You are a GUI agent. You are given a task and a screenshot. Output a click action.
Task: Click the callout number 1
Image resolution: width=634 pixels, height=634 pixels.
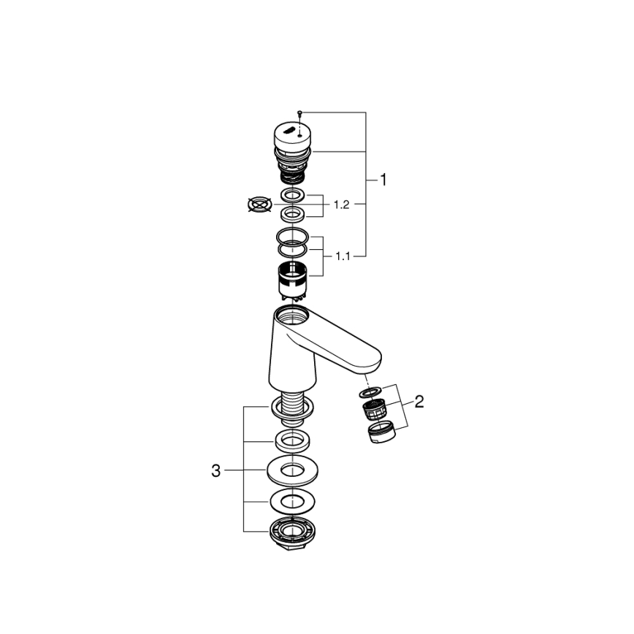tap(383, 180)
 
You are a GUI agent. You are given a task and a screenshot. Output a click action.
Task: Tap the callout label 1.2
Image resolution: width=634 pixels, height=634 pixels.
tap(342, 205)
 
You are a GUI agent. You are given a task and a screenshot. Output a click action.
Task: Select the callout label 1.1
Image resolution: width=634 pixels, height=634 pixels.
tap(343, 256)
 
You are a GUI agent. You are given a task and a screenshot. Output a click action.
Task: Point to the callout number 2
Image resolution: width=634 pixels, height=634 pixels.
tap(419, 402)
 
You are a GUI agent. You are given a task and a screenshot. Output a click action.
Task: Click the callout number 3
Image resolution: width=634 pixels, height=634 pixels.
tap(216, 470)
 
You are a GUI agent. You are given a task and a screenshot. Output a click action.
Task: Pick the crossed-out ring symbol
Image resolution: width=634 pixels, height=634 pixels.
tap(259, 205)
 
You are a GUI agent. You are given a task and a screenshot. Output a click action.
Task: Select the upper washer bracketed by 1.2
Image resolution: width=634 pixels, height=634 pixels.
tap(293, 195)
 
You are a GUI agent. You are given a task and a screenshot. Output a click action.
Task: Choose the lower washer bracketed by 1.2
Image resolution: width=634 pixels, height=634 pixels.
tap(293, 213)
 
